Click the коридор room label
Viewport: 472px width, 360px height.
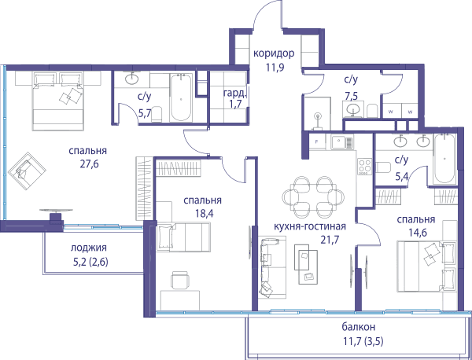(274, 54)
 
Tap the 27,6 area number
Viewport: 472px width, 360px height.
(90, 164)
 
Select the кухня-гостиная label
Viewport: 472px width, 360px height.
(310, 226)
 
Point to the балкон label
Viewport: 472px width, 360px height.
(359, 327)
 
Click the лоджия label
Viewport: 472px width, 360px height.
(89, 248)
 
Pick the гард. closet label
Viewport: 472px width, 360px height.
(234, 94)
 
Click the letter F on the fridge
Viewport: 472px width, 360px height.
(317, 142)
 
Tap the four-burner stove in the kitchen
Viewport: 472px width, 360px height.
(364, 167)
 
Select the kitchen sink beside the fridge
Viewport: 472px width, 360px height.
(342, 142)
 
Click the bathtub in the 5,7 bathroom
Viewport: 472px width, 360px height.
(181, 97)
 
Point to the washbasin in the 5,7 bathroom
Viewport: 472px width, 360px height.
(131, 79)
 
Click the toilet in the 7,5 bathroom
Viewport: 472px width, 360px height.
(372, 111)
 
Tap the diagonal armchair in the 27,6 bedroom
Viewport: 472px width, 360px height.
(27, 171)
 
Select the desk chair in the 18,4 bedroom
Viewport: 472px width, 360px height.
(180, 280)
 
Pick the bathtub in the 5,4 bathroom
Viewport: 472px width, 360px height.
(444, 159)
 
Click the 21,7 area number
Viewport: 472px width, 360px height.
(330, 240)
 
